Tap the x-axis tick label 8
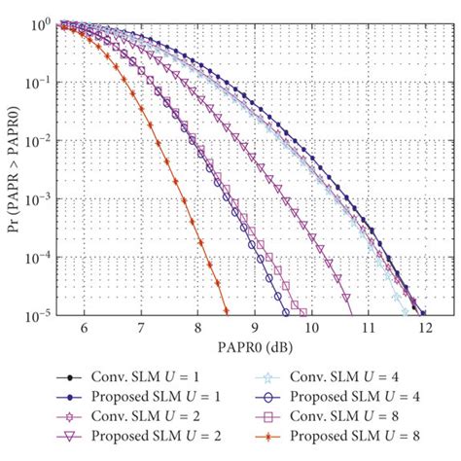198,330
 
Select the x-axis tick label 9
255,330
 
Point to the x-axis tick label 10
312,330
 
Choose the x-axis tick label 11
369,330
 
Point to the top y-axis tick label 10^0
40,22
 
